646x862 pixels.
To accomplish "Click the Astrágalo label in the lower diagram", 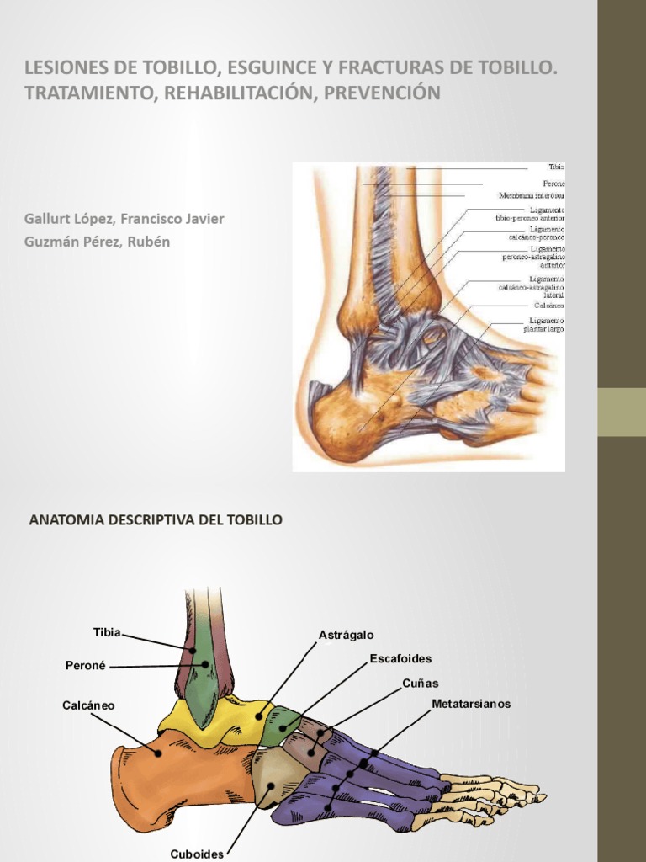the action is [x=346, y=634].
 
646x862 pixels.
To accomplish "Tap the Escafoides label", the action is [x=400, y=658].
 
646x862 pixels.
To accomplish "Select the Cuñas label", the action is [x=420, y=683].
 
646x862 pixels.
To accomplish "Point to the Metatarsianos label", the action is [x=471, y=704].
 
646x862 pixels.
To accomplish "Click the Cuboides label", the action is [x=197, y=854].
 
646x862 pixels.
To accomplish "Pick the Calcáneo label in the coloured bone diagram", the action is [x=88, y=705].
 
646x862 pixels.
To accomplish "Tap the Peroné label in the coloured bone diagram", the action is [x=85, y=665].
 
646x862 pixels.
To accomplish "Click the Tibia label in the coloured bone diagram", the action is [x=107, y=632].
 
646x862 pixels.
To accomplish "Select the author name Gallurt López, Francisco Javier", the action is [x=124, y=219].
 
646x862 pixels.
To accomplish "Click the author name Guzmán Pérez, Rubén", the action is [x=98, y=242].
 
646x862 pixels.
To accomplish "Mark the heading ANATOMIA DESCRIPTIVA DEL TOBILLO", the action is [x=156, y=520].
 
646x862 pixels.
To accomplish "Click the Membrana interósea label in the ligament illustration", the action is [x=532, y=195].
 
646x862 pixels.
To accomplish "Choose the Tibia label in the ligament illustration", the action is [x=557, y=168].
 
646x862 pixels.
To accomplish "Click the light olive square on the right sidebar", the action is [x=622, y=412].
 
